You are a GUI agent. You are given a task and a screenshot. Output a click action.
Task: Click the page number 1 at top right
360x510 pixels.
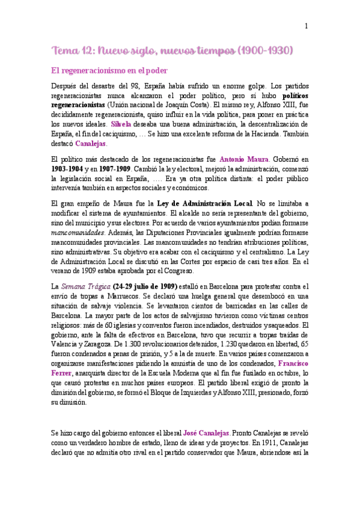point(307,26)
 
